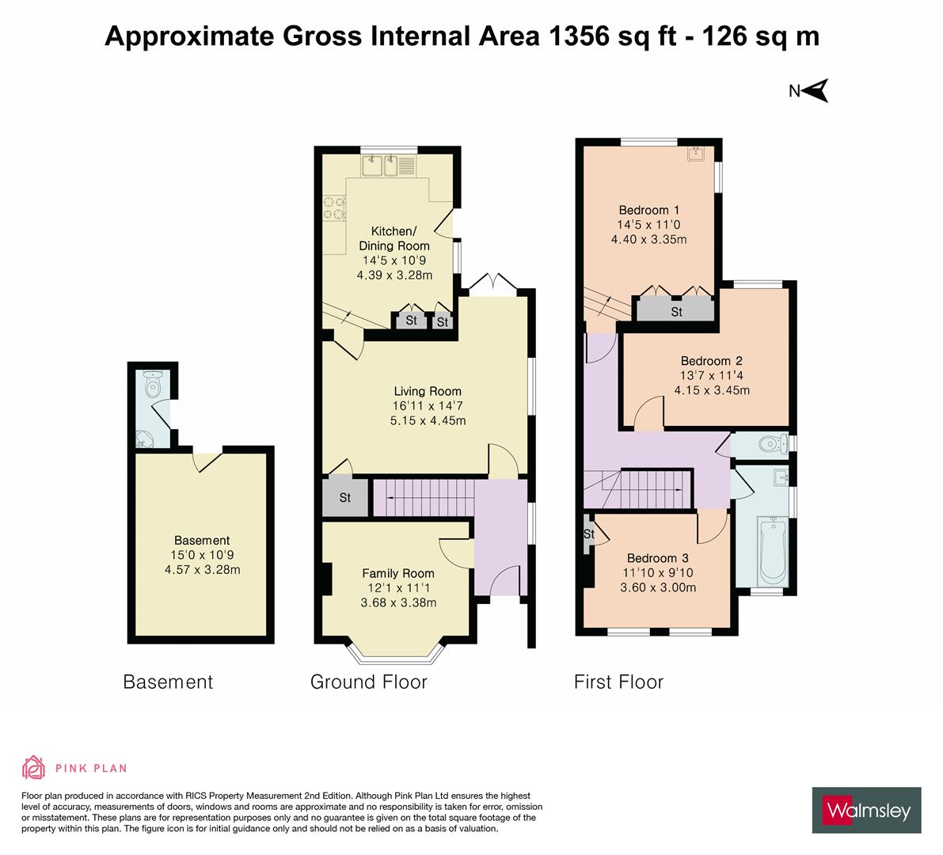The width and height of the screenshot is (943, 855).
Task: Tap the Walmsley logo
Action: pyautogui.click(x=866, y=810)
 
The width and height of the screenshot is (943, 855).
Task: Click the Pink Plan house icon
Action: pyautogui.click(x=34, y=767)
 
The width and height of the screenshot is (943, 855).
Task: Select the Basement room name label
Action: pyautogui.click(x=202, y=541)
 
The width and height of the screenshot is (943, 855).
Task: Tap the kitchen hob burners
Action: pyautogui.click(x=333, y=207)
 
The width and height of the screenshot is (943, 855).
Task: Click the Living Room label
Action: pyautogui.click(x=428, y=391)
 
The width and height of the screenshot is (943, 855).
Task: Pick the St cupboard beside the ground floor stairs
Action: pyautogui.click(x=345, y=498)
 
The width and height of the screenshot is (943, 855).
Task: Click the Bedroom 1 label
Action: pyautogui.click(x=648, y=210)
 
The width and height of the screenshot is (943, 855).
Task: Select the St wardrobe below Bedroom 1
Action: pyautogui.click(x=676, y=311)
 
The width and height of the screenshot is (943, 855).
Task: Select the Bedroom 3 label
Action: pyautogui.click(x=652, y=558)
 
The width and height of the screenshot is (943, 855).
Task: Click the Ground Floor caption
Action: pyautogui.click(x=368, y=682)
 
